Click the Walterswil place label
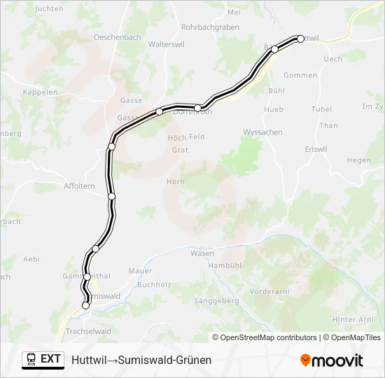166,43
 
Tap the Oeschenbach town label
118,36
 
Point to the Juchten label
48,8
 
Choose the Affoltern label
80,186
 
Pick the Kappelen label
40,92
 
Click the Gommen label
300,75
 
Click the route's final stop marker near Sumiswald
86,305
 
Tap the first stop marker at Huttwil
300,38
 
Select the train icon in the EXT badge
31,359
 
